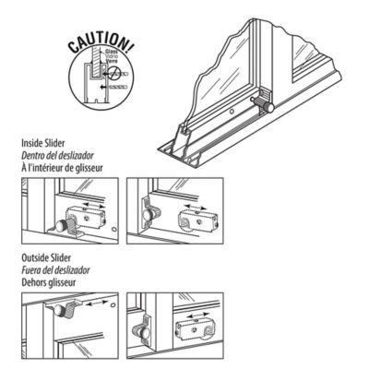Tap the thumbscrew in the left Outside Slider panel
(x=70, y=308)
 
